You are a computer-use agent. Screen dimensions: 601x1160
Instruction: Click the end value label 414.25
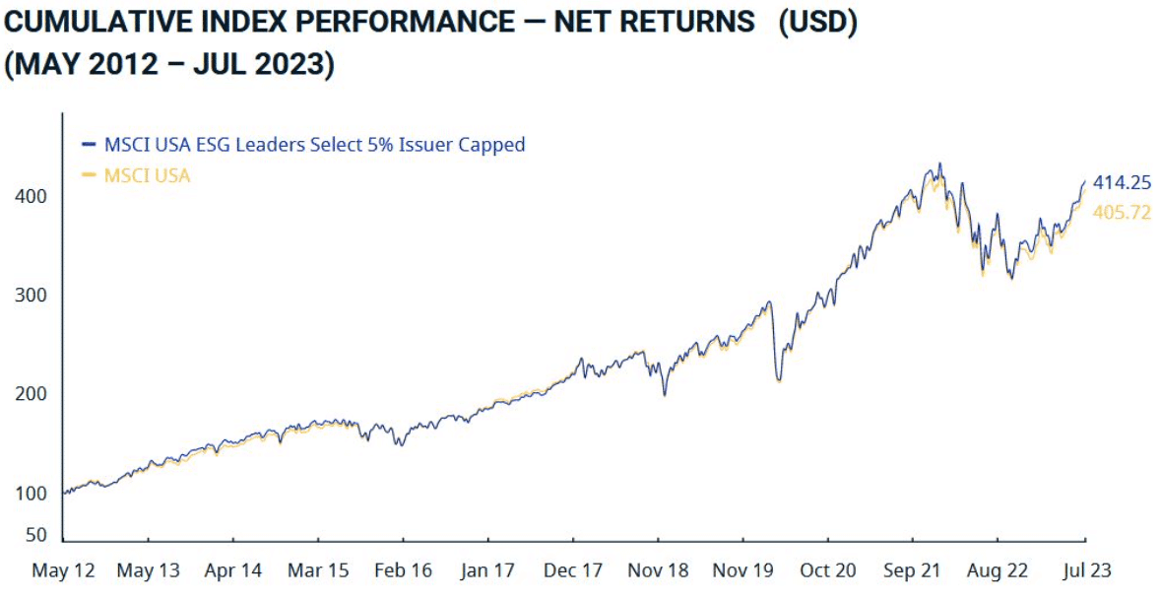click(1122, 182)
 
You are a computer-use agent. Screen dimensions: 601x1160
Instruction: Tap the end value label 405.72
click(1122, 212)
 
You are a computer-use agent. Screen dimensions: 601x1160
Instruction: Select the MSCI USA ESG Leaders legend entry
click(314, 144)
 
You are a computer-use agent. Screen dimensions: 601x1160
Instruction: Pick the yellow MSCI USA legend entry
click(147, 176)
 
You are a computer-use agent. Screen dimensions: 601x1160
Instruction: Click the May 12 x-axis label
click(63, 570)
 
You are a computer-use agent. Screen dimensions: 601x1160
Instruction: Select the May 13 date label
click(148, 570)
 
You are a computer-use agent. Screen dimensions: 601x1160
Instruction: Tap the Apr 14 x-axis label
click(232, 570)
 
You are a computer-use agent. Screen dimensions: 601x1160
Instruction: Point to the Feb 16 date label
click(403, 570)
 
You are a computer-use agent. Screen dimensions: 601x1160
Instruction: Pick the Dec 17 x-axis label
click(573, 570)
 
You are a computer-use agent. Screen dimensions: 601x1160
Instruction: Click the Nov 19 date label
click(743, 570)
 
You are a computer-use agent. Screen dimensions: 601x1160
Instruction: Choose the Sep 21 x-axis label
click(913, 570)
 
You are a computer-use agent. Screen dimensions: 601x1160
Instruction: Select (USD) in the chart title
click(817, 22)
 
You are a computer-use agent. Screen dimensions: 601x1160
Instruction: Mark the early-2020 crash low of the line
click(779, 380)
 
